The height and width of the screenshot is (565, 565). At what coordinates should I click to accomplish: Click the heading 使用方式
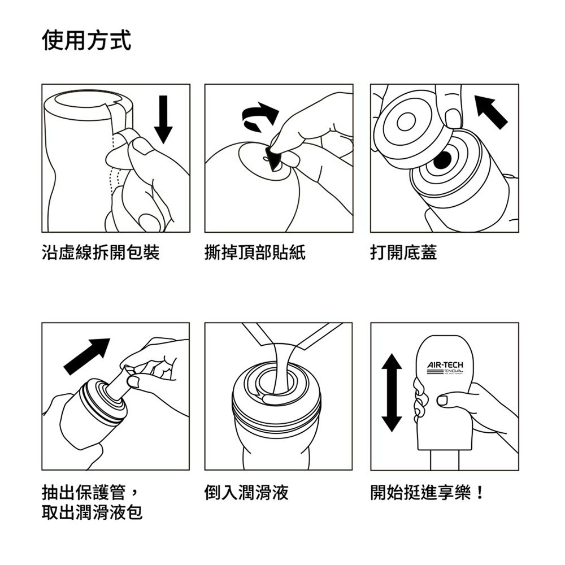[86, 41]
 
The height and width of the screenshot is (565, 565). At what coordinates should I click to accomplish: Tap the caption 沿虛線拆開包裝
[101, 253]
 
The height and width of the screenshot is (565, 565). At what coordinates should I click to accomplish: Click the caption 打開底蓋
[403, 253]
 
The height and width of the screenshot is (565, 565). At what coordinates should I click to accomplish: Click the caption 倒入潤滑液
[246, 492]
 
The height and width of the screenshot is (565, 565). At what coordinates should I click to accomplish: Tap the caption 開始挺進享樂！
[427, 492]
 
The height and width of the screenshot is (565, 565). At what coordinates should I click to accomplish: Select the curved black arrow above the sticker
[260, 113]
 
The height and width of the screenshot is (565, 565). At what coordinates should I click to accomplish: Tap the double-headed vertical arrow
[392, 393]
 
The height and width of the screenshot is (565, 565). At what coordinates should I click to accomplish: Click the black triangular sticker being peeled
[275, 160]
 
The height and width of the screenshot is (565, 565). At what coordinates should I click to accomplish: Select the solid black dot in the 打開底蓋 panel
[443, 160]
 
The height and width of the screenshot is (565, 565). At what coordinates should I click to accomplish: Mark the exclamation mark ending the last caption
[480, 492]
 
